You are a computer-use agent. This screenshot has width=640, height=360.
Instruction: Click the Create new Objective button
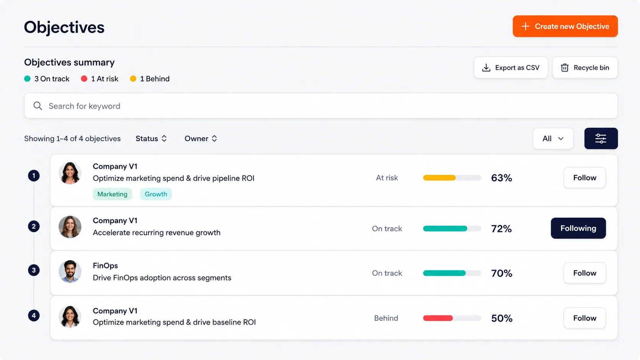pos(565,26)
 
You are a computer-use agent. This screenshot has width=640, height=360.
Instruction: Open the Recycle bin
pos(585,68)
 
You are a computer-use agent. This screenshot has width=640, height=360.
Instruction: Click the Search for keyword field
pos(321,106)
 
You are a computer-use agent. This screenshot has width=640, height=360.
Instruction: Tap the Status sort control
pos(151,138)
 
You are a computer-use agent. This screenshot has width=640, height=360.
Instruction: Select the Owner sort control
pos(201,138)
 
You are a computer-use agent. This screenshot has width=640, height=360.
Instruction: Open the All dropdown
pos(553,138)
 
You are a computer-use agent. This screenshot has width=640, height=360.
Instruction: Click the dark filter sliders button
pos(601,138)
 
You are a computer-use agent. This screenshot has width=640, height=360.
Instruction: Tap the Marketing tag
pos(112,194)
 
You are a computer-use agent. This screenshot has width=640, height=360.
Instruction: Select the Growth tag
pos(156,194)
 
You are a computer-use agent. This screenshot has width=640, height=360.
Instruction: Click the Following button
pos(578,228)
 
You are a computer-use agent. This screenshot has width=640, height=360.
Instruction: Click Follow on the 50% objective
pos(584,318)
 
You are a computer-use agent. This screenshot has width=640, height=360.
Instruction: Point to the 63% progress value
pos(501,178)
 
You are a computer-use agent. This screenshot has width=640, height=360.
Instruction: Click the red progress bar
pos(438,318)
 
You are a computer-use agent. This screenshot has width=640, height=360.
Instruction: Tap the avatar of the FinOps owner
pos(70,271)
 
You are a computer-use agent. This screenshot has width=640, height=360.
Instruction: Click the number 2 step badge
pos(34,226)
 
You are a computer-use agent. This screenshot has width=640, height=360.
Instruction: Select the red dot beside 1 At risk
pos(84,79)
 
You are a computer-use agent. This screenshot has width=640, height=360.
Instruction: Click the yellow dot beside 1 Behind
pos(133,79)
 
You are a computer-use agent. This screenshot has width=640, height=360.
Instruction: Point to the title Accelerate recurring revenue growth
pos(157,233)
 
